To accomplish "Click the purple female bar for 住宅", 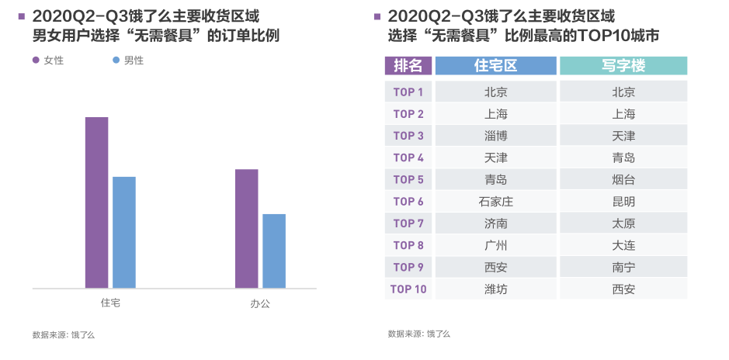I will pos(96,202).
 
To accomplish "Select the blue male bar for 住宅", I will pos(124,233).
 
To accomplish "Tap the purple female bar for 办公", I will pos(246,229).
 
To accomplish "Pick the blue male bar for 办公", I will pos(274,251).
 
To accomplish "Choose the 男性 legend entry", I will pos(129,61).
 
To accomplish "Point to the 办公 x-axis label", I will pos(260,304).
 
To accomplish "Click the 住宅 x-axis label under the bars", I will pos(110,303).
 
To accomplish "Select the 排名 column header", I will pos(408,66).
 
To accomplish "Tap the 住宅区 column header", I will pos(495,66).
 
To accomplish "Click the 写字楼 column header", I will pos(623,66).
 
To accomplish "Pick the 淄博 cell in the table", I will pos(495,136).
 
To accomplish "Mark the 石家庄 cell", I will pos(495,202).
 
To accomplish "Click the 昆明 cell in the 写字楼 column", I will pos(623,202).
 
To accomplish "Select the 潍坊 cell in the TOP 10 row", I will pos(495,289).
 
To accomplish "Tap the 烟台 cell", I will pos(623,180).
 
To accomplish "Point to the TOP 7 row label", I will pos(408,223).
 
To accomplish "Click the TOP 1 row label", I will pos(408,92).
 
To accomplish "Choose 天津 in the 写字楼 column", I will pos(623,136).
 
